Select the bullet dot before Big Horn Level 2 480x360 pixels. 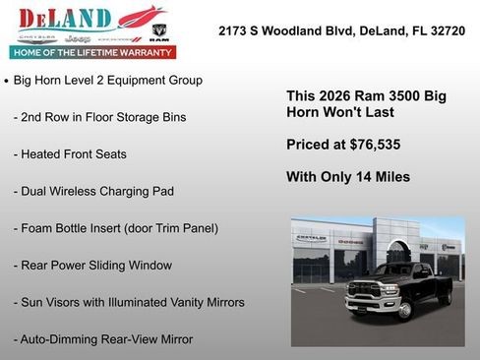point(7,81)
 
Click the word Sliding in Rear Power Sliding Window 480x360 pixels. point(113,266)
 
